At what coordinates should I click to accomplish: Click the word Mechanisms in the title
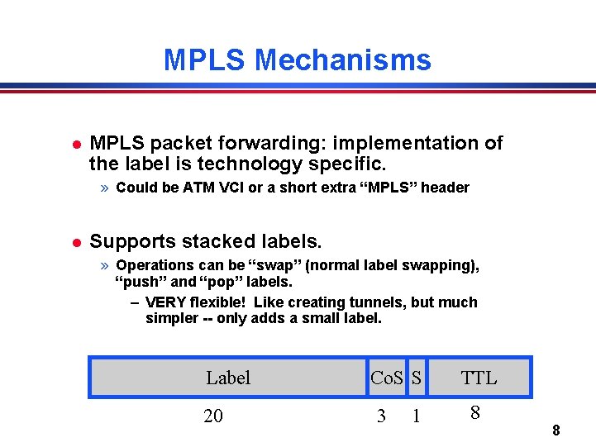click(343, 60)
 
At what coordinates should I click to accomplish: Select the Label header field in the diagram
click(228, 378)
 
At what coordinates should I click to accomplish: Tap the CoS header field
click(387, 378)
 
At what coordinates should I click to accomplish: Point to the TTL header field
click(479, 378)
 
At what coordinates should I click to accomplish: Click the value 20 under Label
click(213, 416)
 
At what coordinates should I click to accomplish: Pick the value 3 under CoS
click(381, 416)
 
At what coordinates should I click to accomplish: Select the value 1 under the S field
click(416, 416)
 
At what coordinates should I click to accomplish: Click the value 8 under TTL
click(474, 412)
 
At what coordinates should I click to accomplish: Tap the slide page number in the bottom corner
click(556, 430)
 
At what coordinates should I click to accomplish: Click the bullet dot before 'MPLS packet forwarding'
click(75, 145)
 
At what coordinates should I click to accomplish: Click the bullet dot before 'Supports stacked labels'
click(75, 243)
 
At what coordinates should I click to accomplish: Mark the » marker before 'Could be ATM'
click(105, 188)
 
